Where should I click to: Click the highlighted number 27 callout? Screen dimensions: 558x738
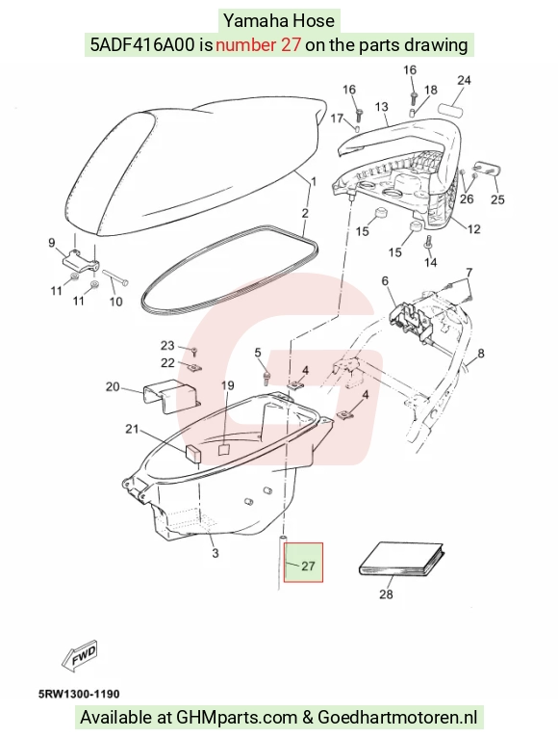click(x=308, y=566)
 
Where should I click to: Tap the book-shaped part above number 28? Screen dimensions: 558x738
click(x=402, y=560)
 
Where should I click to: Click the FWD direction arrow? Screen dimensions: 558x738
click(x=80, y=654)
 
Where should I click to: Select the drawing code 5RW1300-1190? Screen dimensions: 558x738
click(x=79, y=694)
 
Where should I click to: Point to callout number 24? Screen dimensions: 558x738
click(x=464, y=80)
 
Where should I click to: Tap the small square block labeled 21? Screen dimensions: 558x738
click(x=193, y=452)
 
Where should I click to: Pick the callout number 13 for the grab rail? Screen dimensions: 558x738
click(x=381, y=107)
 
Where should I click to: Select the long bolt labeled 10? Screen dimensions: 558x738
click(x=115, y=277)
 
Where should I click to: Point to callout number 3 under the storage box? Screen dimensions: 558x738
click(x=215, y=553)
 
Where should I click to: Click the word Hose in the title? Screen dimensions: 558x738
click(x=314, y=20)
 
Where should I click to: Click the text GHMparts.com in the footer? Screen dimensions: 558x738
click(x=237, y=718)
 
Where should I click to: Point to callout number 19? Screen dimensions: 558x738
click(x=227, y=386)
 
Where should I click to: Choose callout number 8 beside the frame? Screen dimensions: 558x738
click(x=480, y=353)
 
